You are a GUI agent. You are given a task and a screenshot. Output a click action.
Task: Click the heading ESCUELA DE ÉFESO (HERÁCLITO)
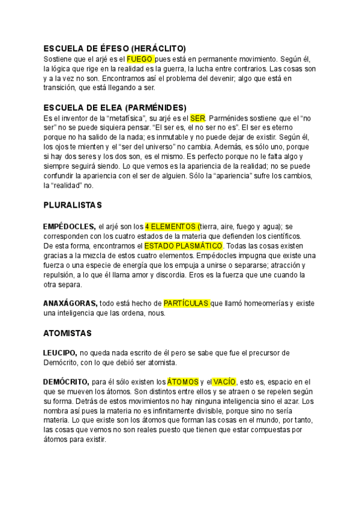(115, 48)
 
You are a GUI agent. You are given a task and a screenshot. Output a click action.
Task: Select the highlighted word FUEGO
(140, 59)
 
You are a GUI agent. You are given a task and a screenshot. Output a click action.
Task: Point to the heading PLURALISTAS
(73, 205)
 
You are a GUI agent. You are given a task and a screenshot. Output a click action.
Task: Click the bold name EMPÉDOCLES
(69, 226)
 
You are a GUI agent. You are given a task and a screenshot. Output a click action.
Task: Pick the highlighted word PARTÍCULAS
(186, 304)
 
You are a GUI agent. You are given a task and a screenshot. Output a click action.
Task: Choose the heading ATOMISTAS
(67, 332)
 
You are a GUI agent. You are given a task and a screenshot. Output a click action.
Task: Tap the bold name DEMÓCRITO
(66, 382)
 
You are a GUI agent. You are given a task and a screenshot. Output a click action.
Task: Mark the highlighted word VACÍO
(224, 382)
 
